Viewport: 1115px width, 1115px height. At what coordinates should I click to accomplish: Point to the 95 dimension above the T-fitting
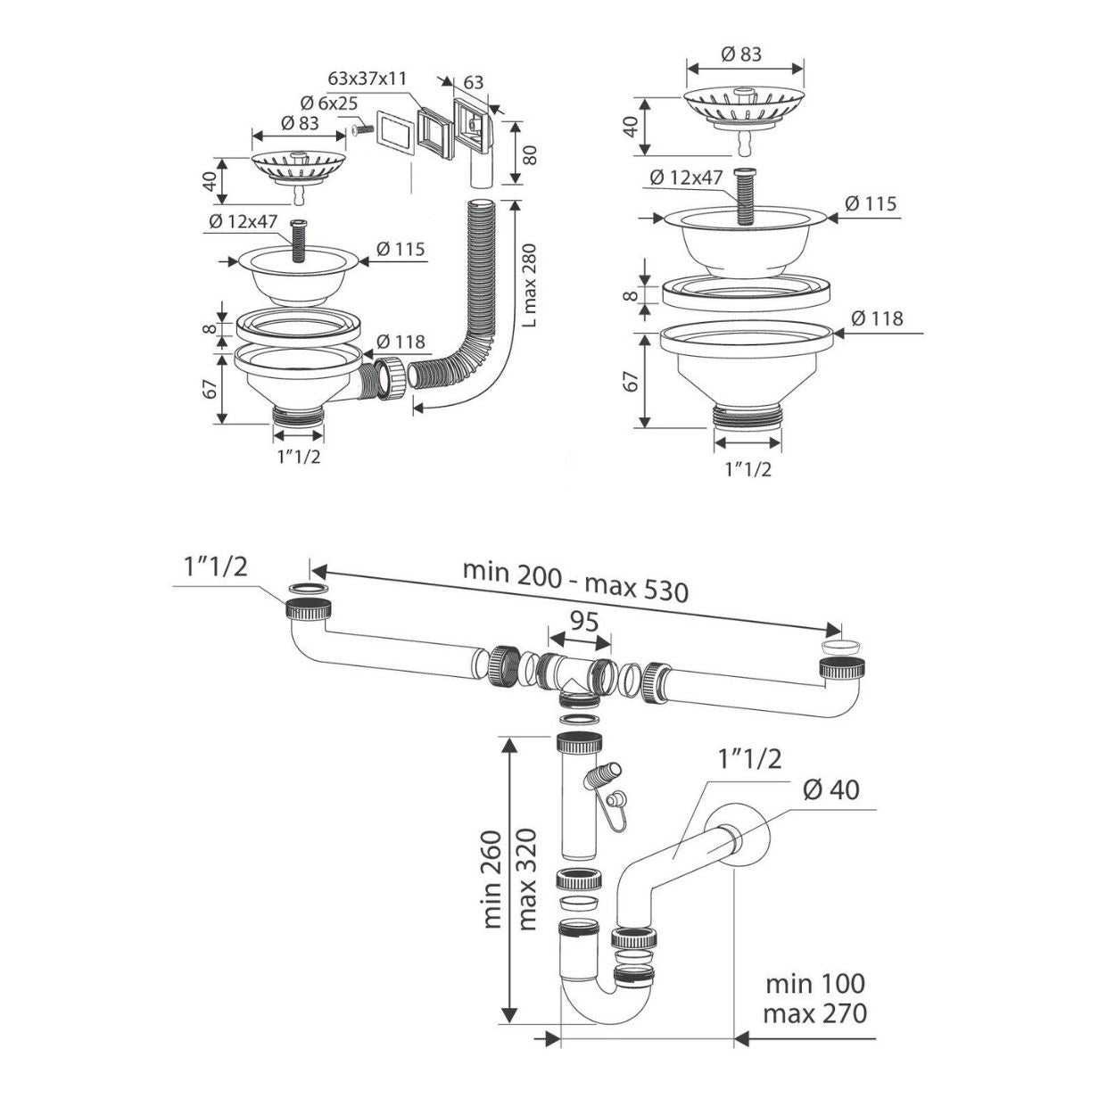tap(583, 622)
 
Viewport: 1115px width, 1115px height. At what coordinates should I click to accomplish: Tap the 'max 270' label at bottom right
tap(815, 1014)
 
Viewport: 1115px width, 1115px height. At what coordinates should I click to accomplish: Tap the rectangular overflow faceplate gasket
tap(392, 133)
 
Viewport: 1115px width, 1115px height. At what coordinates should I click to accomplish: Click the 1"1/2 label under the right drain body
tap(748, 468)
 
